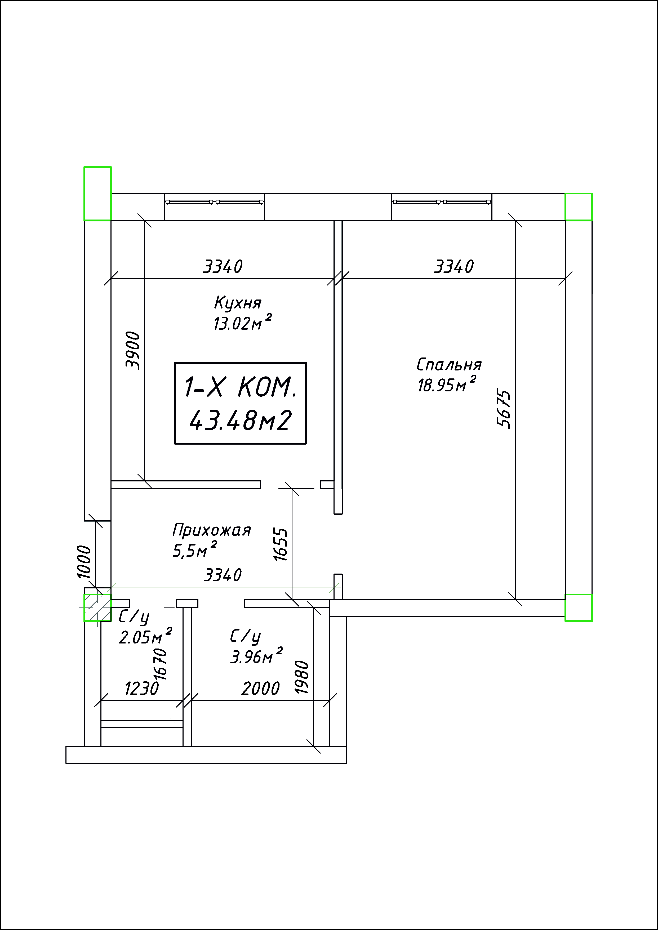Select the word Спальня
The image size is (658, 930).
point(449,365)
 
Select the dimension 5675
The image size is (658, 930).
point(504,409)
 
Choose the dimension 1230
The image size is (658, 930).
point(142,688)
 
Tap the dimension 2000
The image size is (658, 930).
point(261,688)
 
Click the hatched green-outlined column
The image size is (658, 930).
point(97,607)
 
